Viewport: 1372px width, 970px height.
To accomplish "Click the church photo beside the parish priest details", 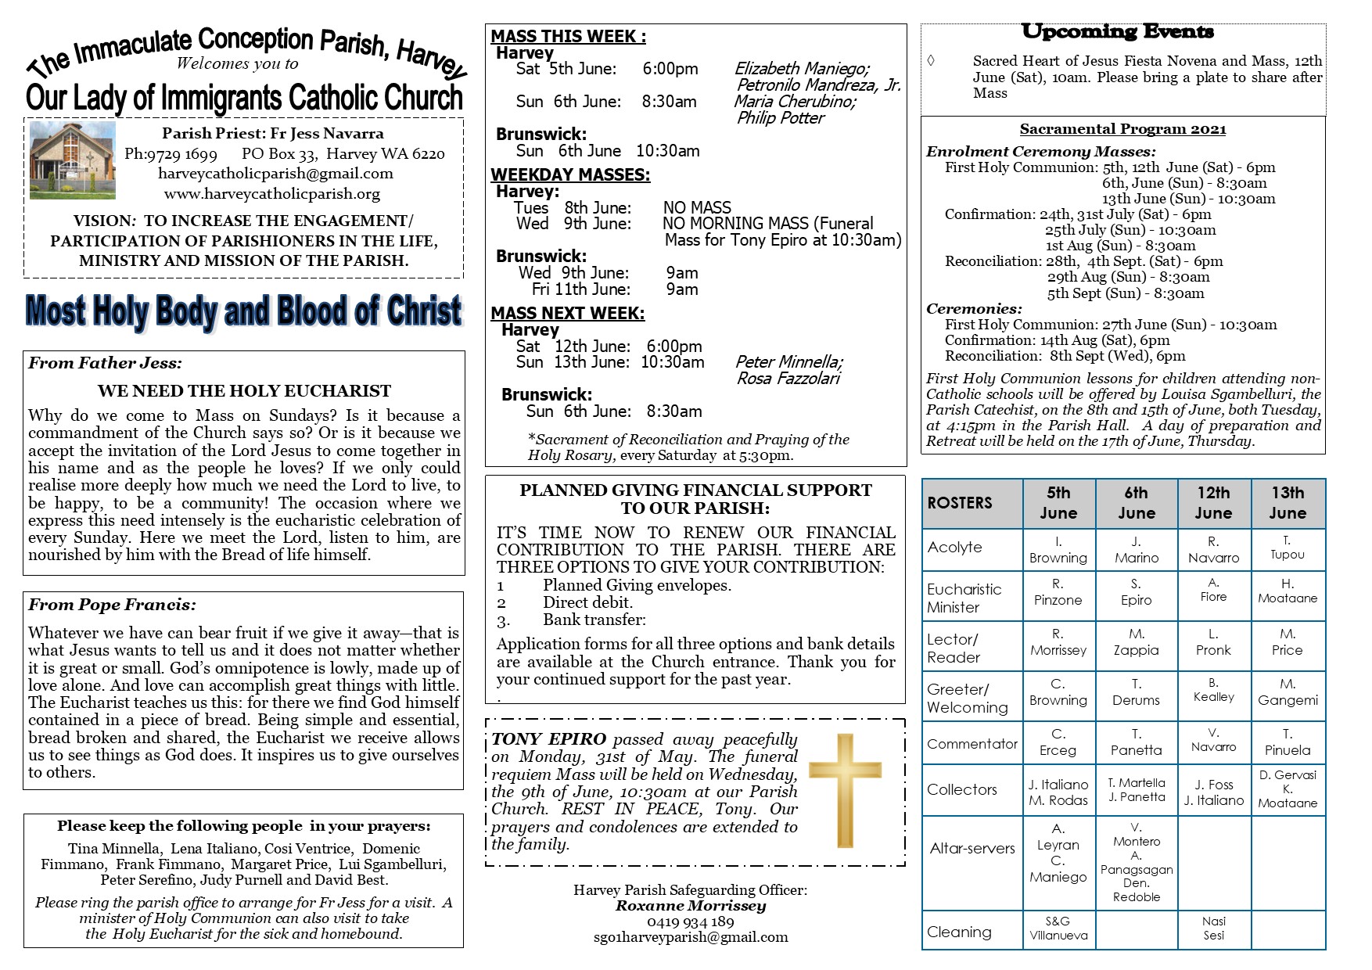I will (72, 160).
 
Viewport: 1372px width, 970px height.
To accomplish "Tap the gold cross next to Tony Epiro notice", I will (845, 790).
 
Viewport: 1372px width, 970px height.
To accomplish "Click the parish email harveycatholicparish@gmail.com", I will (275, 174).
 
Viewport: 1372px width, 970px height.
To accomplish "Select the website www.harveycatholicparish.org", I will (271, 194).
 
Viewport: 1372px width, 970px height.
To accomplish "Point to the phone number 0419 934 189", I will (690, 921).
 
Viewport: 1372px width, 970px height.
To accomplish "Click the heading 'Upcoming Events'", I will (1117, 32).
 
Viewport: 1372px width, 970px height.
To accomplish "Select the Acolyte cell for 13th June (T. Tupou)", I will (1287, 548).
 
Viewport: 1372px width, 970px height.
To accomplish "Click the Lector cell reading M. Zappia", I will (1136, 642).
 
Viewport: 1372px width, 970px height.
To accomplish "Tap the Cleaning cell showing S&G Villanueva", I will (1058, 929).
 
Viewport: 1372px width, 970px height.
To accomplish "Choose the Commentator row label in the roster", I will (972, 744).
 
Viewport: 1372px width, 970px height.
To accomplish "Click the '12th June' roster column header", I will (1212, 503).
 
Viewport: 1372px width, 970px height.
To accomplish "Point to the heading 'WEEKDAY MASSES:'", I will (570, 175).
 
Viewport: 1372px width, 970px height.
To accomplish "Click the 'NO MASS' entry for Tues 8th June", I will (697, 207).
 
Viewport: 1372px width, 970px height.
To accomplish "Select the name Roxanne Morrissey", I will (690, 906).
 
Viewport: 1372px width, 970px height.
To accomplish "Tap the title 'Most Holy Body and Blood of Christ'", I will (243, 311).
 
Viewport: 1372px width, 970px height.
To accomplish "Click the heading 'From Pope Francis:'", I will (112, 605).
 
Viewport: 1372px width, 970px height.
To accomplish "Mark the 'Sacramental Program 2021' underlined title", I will (1122, 130).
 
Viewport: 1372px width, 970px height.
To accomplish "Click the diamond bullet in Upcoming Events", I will (930, 60).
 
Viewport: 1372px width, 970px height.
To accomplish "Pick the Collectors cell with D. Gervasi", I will (1288, 789).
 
